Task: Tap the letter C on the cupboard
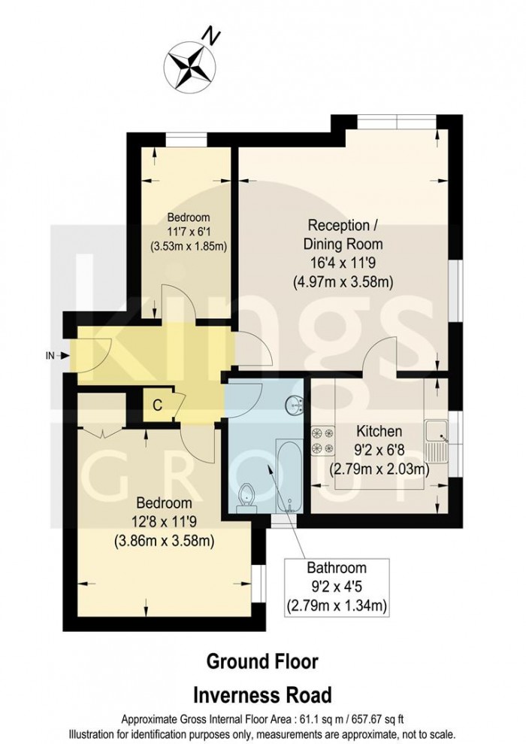point(157,405)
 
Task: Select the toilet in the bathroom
point(245,498)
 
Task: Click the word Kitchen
point(379,432)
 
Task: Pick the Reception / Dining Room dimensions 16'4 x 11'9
point(343,263)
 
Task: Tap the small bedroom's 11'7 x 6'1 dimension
point(189,231)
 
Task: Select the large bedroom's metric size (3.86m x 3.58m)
point(163,540)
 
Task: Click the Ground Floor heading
point(262,662)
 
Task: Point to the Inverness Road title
point(262,694)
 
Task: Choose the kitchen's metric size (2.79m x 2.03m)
point(379,470)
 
